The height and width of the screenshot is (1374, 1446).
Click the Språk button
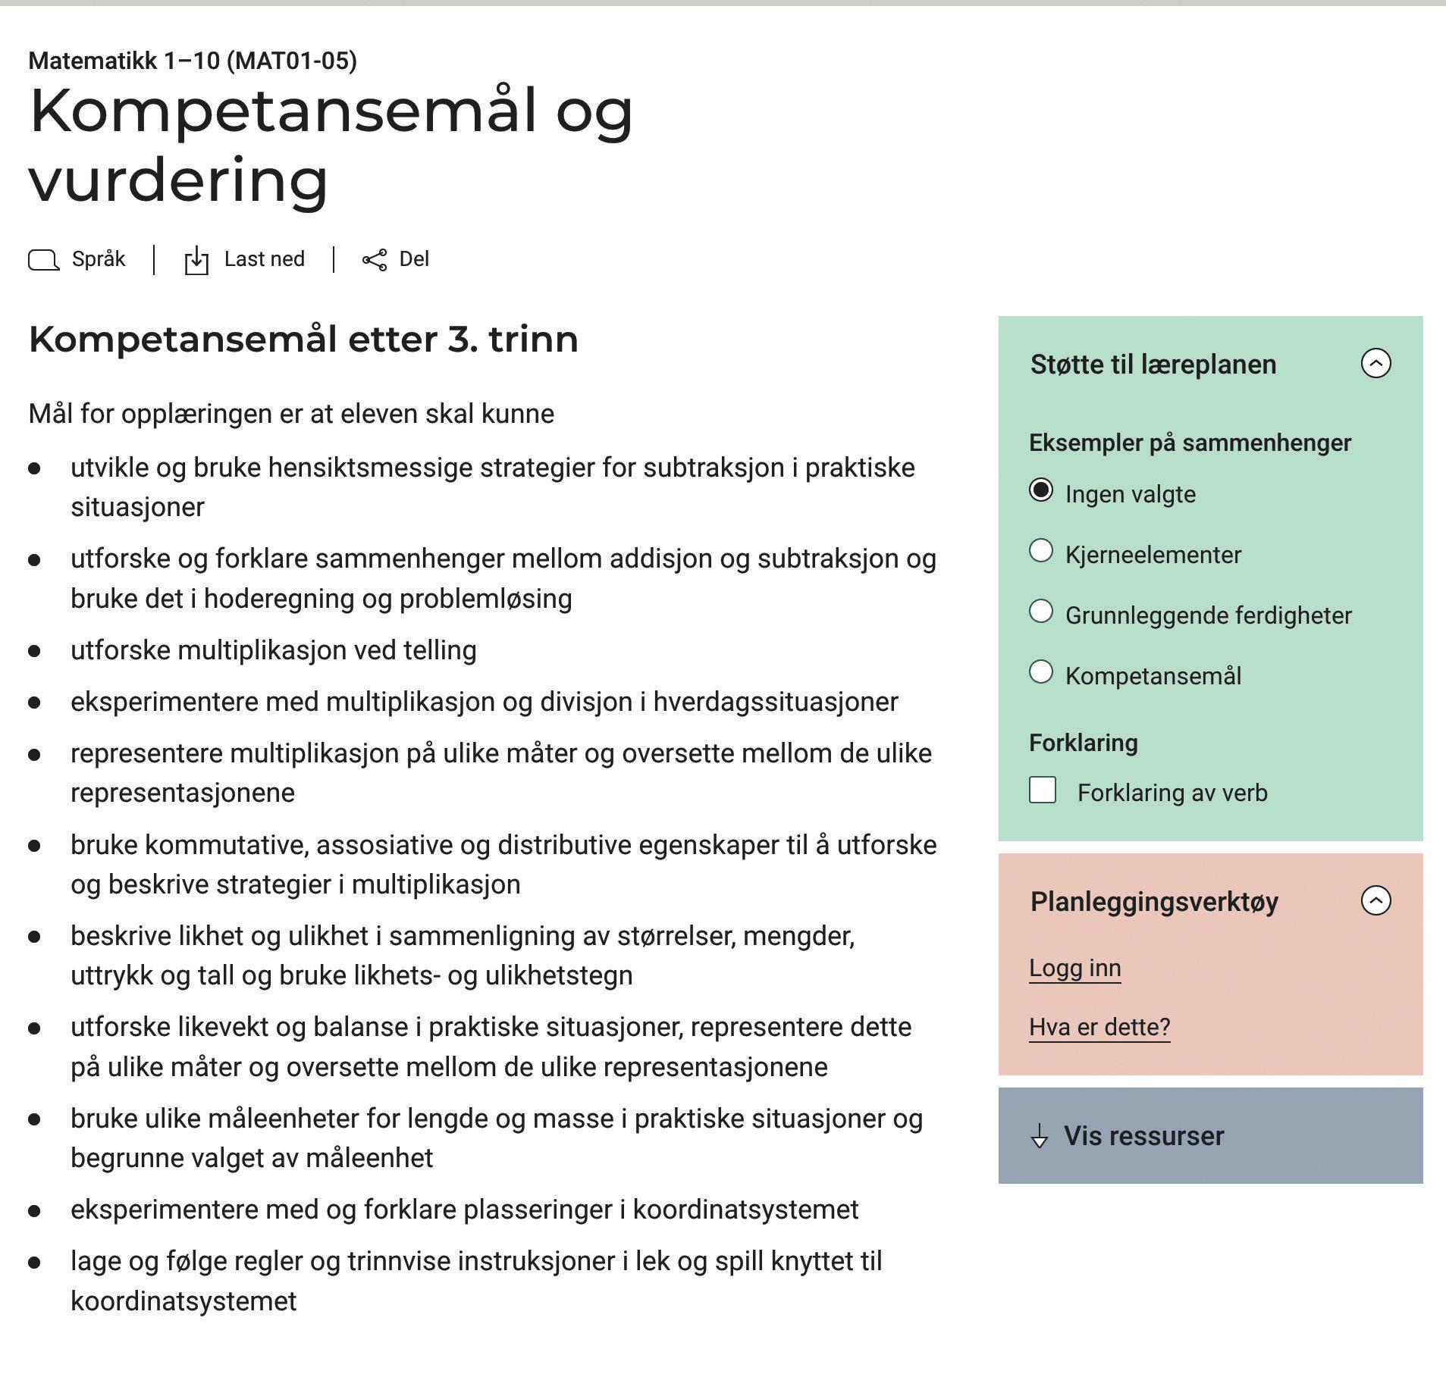click(x=77, y=260)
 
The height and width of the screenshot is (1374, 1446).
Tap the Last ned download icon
click(x=196, y=261)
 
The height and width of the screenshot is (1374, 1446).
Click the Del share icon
click(x=375, y=261)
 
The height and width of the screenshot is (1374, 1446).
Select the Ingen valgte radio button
click(x=1041, y=491)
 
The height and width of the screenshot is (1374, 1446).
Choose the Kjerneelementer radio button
click(x=1041, y=552)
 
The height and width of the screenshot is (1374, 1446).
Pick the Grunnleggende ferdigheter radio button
click(x=1041, y=612)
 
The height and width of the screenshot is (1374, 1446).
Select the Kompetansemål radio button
click(x=1041, y=672)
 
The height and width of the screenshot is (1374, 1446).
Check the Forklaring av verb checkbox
click(x=1043, y=790)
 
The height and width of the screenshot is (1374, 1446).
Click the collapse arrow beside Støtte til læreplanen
click(x=1375, y=364)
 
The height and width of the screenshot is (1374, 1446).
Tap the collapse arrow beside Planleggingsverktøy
click(x=1375, y=901)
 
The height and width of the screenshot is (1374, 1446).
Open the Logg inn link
click(x=1074, y=969)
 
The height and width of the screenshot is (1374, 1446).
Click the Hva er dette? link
click(x=1099, y=1028)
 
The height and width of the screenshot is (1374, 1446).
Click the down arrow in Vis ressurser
click(x=1040, y=1138)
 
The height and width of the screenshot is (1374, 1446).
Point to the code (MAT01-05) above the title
click(x=292, y=61)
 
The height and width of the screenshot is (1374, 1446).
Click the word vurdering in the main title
click(x=179, y=180)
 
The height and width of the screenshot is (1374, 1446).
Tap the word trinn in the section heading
click(x=533, y=339)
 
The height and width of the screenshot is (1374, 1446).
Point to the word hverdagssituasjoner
click(x=776, y=703)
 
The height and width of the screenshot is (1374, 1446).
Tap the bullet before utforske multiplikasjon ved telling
click(x=34, y=651)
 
